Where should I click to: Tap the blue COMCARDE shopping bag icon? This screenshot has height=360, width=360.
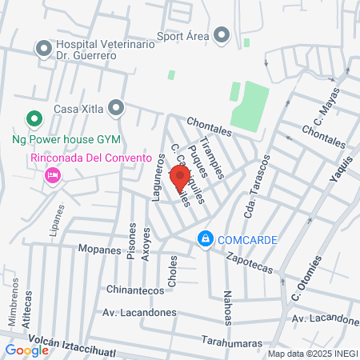pyautogui.click(x=206, y=239)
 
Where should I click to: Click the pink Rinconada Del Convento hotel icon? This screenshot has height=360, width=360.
pyautogui.click(x=54, y=174)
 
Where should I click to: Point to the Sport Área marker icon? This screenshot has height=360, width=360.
pyautogui.click(x=222, y=34)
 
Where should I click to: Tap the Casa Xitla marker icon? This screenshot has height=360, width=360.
pyautogui.click(x=117, y=106)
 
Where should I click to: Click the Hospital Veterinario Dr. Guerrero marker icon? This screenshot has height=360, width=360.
pyautogui.click(x=43, y=50)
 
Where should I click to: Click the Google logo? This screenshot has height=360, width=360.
pyautogui.click(x=26, y=350)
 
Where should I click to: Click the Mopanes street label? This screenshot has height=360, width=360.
pyautogui.click(x=98, y=250)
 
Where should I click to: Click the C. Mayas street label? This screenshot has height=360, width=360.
pyautogui.click(x=318, y=113)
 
